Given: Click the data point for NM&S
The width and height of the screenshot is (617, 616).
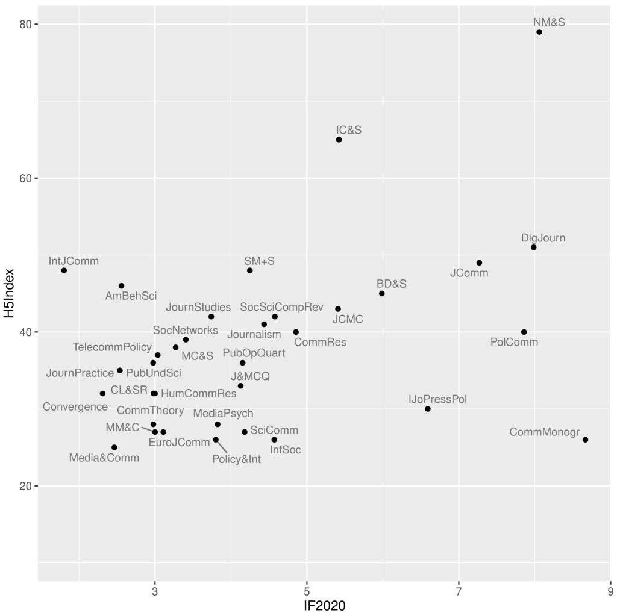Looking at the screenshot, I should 539,32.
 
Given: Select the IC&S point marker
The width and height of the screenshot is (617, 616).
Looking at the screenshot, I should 339,140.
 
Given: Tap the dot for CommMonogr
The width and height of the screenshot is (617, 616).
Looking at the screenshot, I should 585,440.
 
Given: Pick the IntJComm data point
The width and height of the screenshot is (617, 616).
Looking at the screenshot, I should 64,270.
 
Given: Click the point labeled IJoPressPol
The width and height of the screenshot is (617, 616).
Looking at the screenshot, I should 428,409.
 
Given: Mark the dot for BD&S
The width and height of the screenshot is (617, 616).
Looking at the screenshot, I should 382,293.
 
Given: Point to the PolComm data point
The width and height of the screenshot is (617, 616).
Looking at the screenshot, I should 524,332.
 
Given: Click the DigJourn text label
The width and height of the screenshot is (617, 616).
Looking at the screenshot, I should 543,238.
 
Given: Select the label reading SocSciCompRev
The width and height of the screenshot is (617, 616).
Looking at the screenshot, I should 282,307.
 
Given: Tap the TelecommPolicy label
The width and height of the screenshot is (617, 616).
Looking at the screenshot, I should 113,347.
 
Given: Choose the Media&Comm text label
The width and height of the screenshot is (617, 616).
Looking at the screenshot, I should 104,458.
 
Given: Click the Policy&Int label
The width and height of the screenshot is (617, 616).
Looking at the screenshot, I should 237,460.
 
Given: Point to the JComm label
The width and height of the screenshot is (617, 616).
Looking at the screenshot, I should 469,273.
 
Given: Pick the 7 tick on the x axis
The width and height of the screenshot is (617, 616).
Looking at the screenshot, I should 459,591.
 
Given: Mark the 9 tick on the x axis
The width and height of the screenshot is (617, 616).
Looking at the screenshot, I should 610,591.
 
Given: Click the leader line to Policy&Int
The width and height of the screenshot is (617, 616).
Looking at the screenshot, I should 222,447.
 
